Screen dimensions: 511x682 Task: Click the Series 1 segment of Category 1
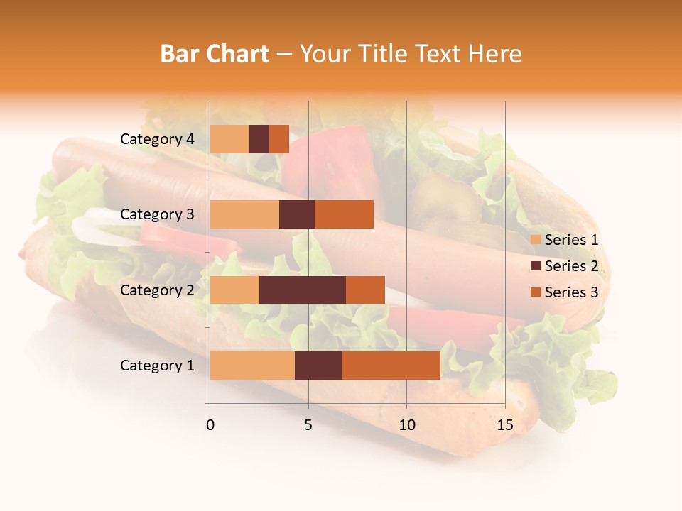252,366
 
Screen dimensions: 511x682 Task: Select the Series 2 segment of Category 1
318,366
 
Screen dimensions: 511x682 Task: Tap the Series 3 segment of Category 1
391,366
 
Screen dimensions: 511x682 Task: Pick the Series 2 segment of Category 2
303,290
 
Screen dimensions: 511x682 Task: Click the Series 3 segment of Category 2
365,290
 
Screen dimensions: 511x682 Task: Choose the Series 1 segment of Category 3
244,214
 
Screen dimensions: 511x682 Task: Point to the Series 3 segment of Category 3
344,214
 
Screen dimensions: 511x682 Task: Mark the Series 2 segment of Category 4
259,139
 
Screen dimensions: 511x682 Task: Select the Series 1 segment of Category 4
229,139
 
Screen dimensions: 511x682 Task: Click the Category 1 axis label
157,366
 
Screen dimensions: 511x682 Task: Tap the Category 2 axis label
157,290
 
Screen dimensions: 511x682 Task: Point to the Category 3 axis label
157,214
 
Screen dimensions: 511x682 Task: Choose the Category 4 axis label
157,139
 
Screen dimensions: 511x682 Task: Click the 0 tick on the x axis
210,425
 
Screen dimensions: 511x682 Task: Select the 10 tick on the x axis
406,425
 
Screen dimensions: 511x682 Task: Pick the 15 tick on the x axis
504,425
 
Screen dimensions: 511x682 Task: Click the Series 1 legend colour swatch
535,240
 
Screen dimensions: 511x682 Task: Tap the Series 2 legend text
571,266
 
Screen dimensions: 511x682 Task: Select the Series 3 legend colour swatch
535,292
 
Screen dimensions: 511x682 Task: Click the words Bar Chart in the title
215,53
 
